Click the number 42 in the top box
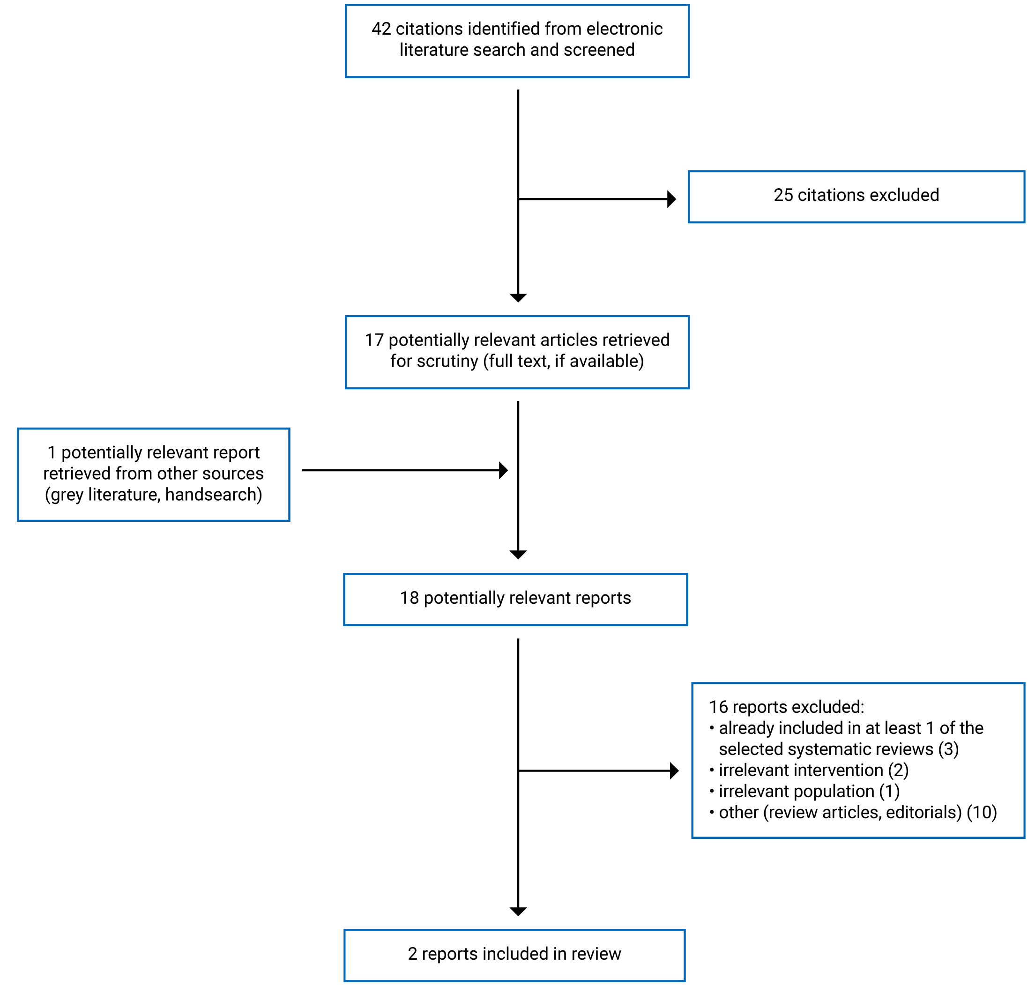pyautogui.click(x=381, y=29)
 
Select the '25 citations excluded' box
pyautogui.click(x=856, y=196)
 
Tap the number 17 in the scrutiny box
pyautogui.click(x=374, y=340)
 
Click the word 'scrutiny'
pyautogui.click(x=447, y=361)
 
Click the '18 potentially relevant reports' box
pyautogui.click(x=515, y=599)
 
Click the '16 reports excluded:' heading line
pyautogui.click(x=786, y=707)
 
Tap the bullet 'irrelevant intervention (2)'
pyautogui.click(x=813, y=770)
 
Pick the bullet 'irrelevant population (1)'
pyautogui.click(x=809, y=791)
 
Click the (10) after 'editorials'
pyautogui.click(x=982, y=812)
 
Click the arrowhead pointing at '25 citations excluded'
pyautogui.click(x=671, y=199)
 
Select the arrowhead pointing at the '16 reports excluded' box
pyautogui.click(x=674, y=771)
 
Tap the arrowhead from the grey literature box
pyautogui.click(x=503, y=470)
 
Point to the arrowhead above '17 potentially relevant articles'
pyautogui.click(x=518, y=298)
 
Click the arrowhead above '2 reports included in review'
pyautogui.click(x=518, y=912)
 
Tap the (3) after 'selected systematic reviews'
pyautogui.click(x=948, y=749)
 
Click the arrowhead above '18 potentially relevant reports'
pyautogui.click(x=518, y=555)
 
